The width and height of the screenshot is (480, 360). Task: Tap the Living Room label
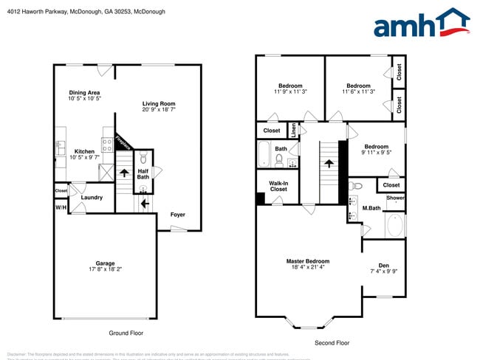159,104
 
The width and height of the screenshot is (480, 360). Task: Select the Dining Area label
84,92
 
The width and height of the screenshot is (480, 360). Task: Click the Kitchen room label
84,151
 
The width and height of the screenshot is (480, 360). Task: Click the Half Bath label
143,173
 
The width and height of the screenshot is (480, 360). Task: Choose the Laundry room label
92,197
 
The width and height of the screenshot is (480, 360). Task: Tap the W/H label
61,207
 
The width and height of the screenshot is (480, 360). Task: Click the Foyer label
178,215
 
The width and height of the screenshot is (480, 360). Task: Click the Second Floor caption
332,343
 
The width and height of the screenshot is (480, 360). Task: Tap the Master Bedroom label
308,261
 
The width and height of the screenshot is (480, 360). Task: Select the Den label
383,266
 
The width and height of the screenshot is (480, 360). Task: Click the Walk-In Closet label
278,186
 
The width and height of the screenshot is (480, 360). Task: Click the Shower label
395,198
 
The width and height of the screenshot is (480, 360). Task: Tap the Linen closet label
294,131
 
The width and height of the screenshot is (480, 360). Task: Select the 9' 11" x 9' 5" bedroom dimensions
376,153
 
